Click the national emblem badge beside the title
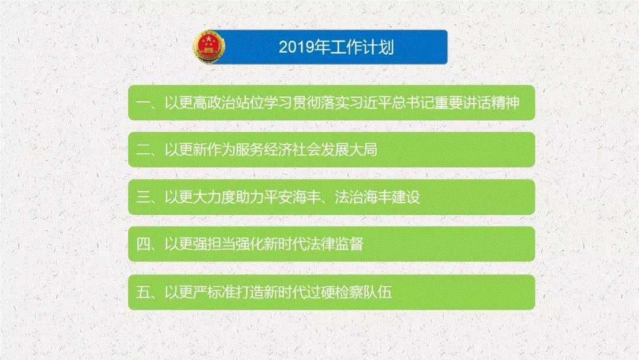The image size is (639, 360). tap(209, 47)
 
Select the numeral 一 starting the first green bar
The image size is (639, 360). tap(143, 103)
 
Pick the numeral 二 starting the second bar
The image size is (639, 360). tap(143, 150)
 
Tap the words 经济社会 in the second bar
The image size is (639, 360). tap(292, 150)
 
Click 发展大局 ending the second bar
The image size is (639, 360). tap(349, 150)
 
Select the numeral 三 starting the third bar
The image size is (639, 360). tap(143, 197)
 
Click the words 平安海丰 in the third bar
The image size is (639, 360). tap(292, 197)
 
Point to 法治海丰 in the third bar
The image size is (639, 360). tap(363, 197)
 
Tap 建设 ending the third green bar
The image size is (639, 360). tap(405, 197)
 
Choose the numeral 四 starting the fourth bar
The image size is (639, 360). tap(143, 245)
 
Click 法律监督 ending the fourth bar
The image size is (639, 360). tap(334, 245)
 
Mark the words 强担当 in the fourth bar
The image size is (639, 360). tap(214, 245)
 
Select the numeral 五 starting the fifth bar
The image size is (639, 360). tap(143, 292)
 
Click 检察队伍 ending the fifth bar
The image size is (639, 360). tap(363, 292)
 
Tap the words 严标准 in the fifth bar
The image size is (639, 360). tap(214, 292)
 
